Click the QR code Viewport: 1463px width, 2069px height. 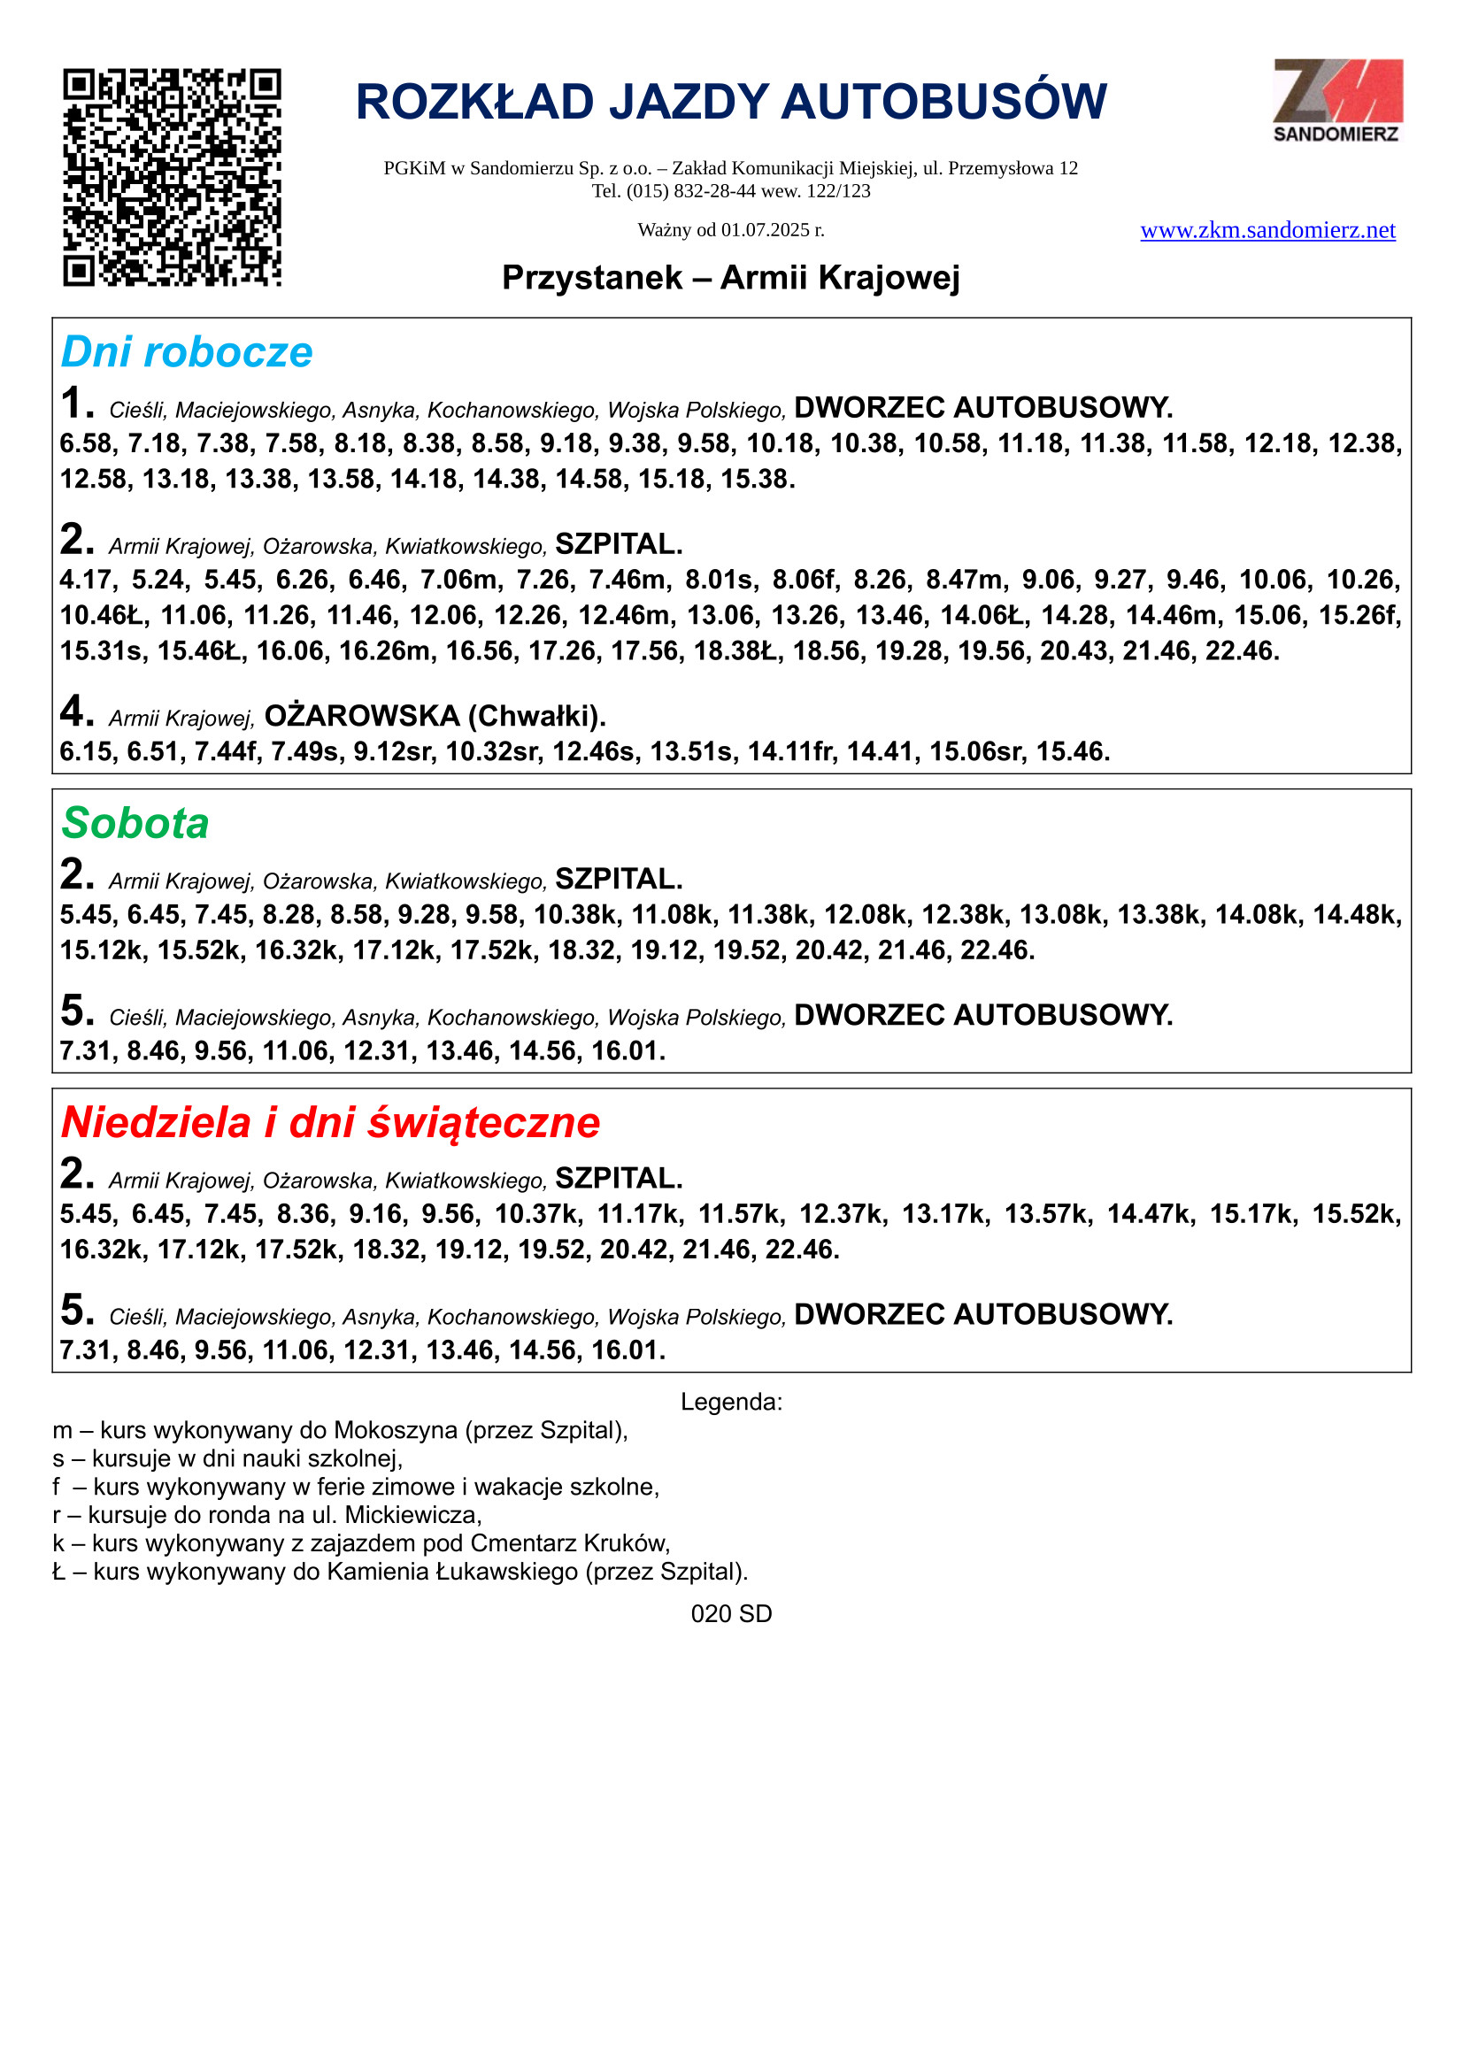[x=172, y=178]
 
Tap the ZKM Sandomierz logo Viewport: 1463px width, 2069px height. [x=1336, y=100]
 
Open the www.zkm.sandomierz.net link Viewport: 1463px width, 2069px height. [x=1267, y=231]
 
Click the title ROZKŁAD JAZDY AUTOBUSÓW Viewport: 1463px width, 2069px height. [x=731, y=102]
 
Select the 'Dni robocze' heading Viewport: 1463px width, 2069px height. [x=187, y=352]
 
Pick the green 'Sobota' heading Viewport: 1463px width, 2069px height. [x=135, y=824]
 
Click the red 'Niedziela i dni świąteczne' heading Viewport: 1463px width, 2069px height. [x=330, y=1123]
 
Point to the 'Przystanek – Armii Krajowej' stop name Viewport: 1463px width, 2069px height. [x=730, y=278]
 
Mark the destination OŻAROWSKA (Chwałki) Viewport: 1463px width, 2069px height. [x=435, y=717]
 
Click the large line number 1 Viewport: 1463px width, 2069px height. [x=76, y=404]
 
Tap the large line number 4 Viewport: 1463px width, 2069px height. [x=76, y=711]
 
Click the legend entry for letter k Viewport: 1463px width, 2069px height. [x=360, y=1543]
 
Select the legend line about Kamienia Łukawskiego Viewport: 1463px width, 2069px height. [x=400, y=1572]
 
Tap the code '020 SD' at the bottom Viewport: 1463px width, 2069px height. [x=731, y=1614]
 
